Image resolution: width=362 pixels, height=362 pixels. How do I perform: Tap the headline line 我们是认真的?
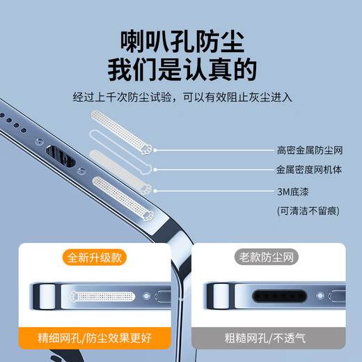pos(181,70)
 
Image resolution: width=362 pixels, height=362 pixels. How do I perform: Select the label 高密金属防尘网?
pos(309,150)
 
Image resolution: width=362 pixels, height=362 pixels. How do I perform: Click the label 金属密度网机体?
pos(309,169)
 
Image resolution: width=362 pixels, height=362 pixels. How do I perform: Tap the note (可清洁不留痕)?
pos(305,210)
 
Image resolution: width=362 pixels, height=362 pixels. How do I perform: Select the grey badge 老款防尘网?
pos(267,257)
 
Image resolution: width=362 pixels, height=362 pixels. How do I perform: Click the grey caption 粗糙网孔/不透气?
pos(267,339)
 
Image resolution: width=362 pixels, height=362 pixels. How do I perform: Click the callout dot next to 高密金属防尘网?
pos(155,150)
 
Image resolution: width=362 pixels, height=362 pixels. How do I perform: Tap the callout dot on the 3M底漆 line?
pos(155,190)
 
